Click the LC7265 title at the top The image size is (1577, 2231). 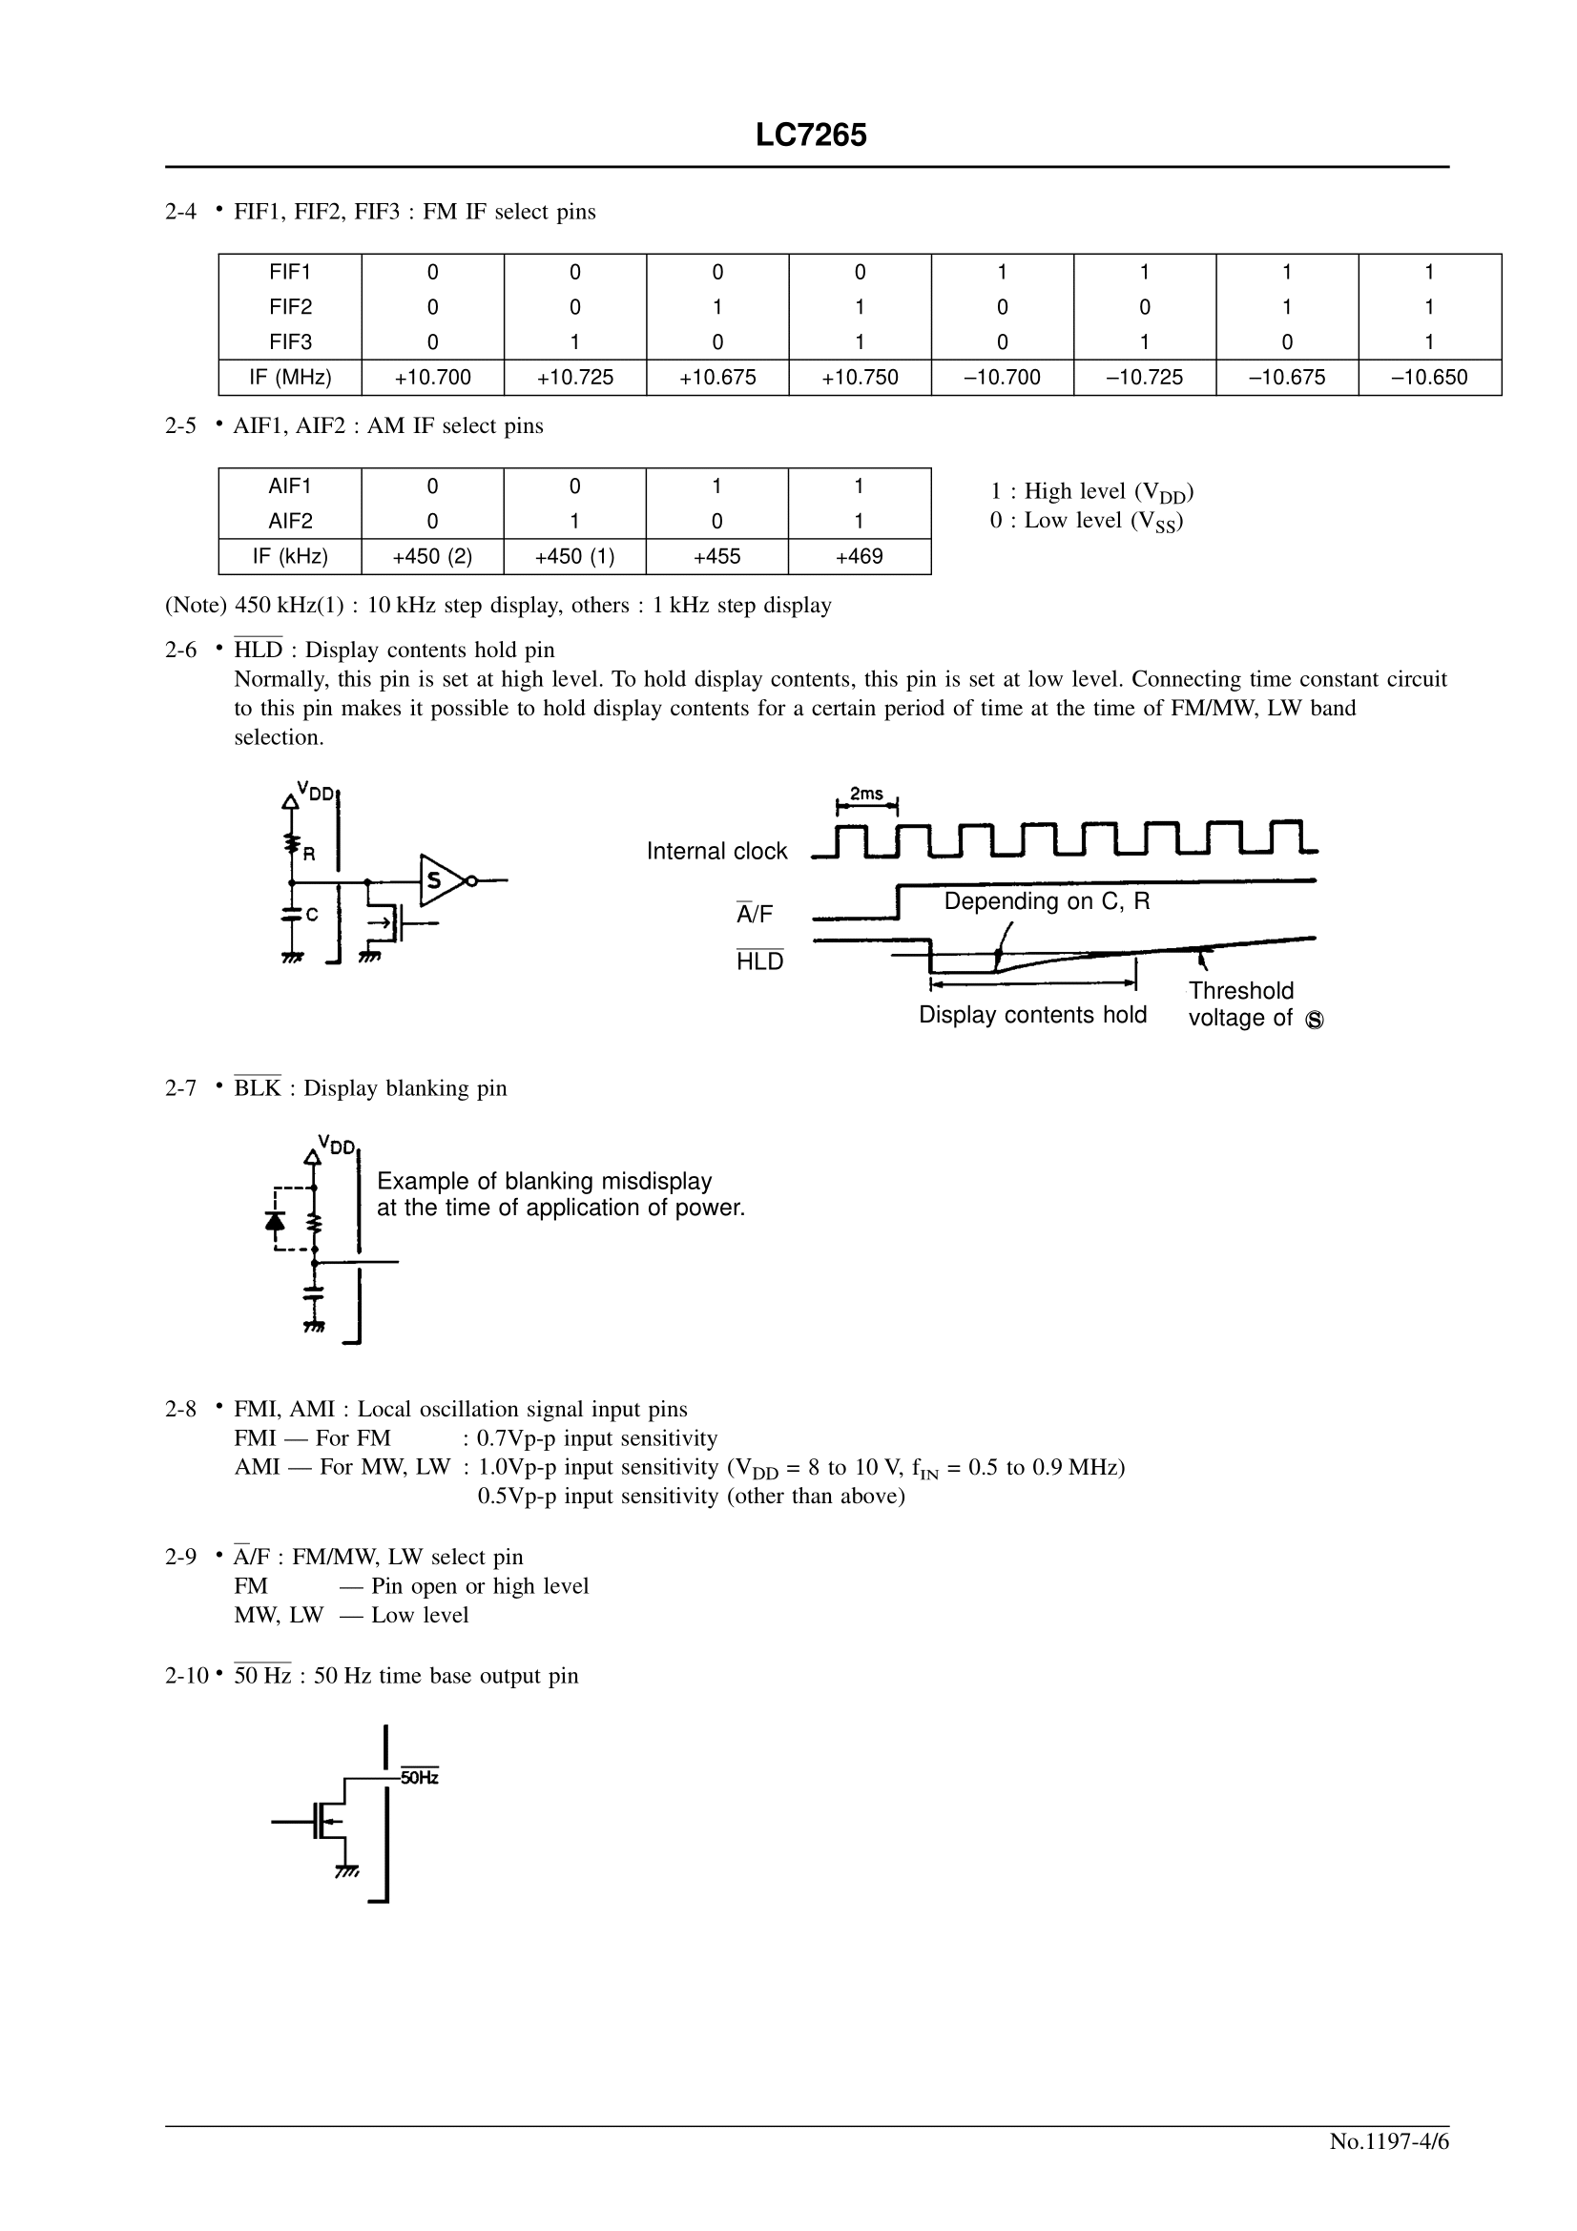pyautogui.click(x=810, y=135)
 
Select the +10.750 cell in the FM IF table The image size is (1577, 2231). pyautogui.click(x=859, y=377)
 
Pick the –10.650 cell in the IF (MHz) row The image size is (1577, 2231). pyautogui.click(x=1428, y=377)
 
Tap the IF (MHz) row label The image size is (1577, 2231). pyautogui.click(x=290, y=377)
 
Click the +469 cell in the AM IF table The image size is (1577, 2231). pyautogui.click(x=859, y=556)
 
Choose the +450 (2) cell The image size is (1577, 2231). pyautogui.click(x=432, y=556)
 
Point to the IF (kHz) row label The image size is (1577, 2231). pyautogui.click(x=290, y=556)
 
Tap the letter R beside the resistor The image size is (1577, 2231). pyautogui.click(x=309, y=855)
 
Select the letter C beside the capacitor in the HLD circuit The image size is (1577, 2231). pyautogui.click(x=312, y=915)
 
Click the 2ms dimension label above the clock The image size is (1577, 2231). pyautogui.click(x=865, y=794)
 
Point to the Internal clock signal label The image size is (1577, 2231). pyautogui.click(x=716, y=851)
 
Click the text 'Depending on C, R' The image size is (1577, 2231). pyautogui.click(x=1047, y=900)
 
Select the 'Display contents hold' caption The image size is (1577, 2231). pyautogui.click(x=1032, y=1015)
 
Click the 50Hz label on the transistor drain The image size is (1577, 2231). pyautogui.click(x=420, y=1777)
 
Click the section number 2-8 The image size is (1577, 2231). pyautogui.click(x=180, y=1409)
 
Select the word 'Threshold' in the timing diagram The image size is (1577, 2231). pyautogui.click(x=1241, y=990)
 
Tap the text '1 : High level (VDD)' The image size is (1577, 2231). pyautogui.click(x=1091, y=491)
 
